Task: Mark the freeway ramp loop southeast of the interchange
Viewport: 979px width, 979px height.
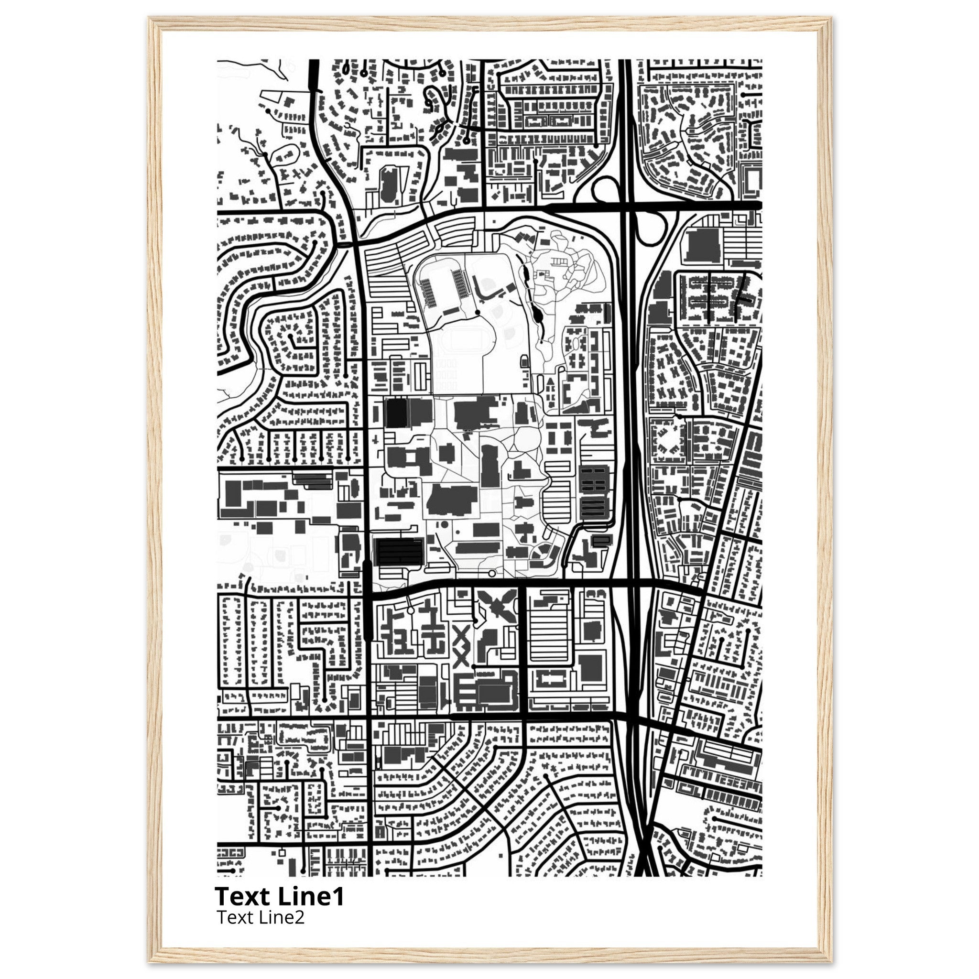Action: pyautogui.click(x=650, y=227)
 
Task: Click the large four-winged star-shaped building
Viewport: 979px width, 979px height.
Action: pyautogui.click(x=497, y=608)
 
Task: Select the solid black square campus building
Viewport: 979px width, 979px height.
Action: pyautogui.click(x=396, y=413)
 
